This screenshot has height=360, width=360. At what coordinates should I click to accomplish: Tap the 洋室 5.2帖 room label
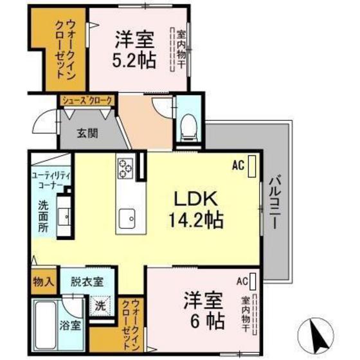pyautogui.click(x=134, y=49)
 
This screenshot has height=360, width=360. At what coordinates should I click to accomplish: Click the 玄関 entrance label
pyautogui.click(x=88, y=134)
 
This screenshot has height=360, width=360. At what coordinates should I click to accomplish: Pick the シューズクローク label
pyautogui.click(x=87, y=100)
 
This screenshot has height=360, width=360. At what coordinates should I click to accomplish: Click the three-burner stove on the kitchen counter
pyautogui.click(x=125, y=169)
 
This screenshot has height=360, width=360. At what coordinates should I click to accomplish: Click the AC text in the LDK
pyautogui.click(x=239, y=165)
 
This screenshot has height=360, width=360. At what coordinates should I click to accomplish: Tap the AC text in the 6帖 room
pyautogui.click(x=242, y=281)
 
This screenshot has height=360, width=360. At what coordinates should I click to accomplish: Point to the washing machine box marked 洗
pyautogui.click(x=101, y=304)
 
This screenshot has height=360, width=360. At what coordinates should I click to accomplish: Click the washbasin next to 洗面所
pyautogui.click(x=65, y=217)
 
